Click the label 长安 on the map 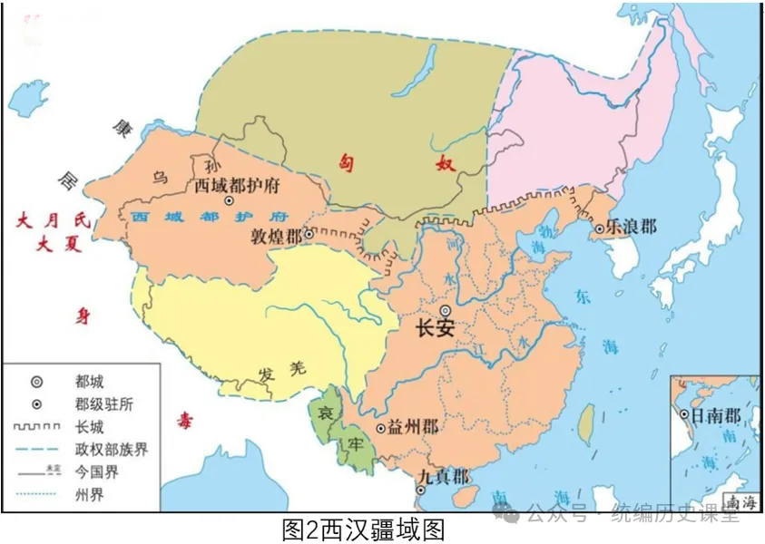[435, 329]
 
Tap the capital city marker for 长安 [446, 311]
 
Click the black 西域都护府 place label [237, 185]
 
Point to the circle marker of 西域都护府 [229, 200]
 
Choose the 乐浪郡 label [632, 227]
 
